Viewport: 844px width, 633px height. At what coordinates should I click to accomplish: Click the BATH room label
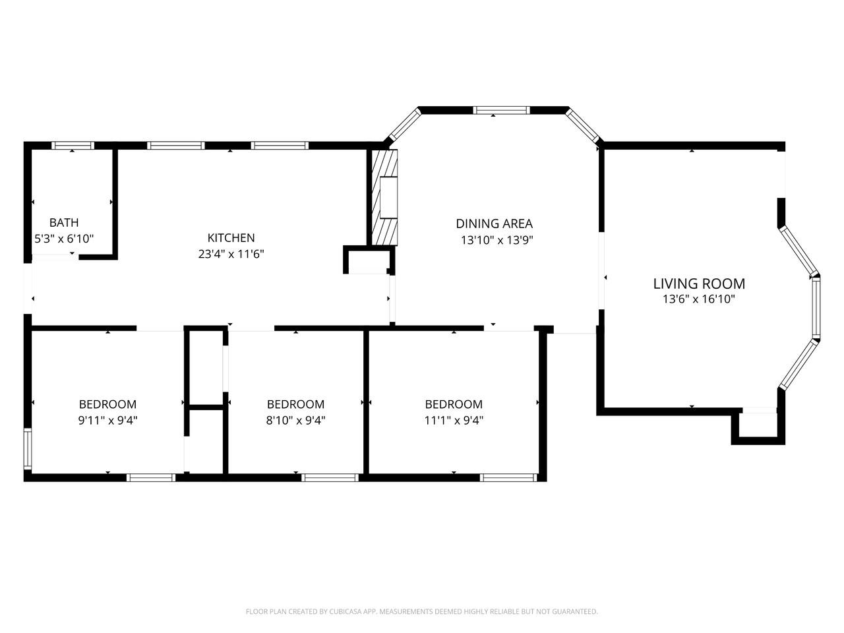click(64, 223)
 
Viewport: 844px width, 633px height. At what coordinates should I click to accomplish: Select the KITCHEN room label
click(231, 238)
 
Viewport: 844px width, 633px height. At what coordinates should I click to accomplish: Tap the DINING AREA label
click(494, 224)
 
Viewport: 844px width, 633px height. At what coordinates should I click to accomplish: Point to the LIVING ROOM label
click(699, 284)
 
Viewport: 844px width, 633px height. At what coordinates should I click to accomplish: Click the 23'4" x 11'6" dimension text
click(231, 254)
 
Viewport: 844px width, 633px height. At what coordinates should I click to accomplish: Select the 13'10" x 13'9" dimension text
click(497, 241)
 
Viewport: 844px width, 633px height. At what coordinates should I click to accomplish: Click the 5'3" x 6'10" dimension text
click(64, 239)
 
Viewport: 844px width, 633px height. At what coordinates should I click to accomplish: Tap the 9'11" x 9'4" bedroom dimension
click(107, 420)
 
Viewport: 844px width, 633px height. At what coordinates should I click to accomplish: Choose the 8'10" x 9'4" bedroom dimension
click(295, 420)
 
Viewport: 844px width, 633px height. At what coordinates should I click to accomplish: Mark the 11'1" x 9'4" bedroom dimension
click(454, 420)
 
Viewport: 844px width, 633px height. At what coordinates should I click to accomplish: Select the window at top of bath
click(73, 146)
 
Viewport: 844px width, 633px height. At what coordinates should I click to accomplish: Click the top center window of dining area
click(502, 110)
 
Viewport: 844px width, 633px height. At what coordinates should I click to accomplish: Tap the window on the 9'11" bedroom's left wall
click(28, 449)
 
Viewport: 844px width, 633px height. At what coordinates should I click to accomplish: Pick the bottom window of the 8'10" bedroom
click(330, 477)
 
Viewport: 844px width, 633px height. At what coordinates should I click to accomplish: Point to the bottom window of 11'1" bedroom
click(509, 477)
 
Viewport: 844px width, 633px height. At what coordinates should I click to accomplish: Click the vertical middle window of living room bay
click(816, 308)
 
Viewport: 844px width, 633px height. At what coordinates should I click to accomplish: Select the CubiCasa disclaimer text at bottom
click(422, 612)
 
